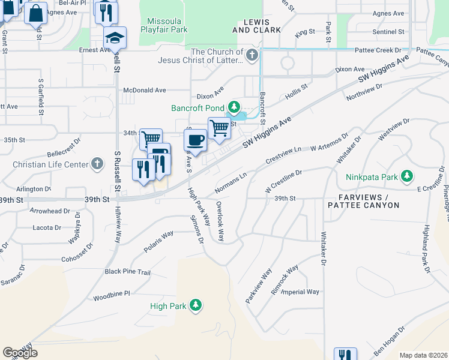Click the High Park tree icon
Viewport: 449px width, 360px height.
(195, 305)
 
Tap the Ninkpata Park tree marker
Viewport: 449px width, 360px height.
(408, 176)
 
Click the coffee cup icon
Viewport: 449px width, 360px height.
(194, 140)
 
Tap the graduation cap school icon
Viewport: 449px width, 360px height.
(115, 38)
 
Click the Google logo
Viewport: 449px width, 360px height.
(20, 353)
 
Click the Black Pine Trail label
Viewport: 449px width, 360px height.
(127, 272)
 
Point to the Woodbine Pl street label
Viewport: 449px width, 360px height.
(112, 298)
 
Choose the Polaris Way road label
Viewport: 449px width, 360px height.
(158, 241)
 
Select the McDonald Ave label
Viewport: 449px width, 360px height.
(144, 90)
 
